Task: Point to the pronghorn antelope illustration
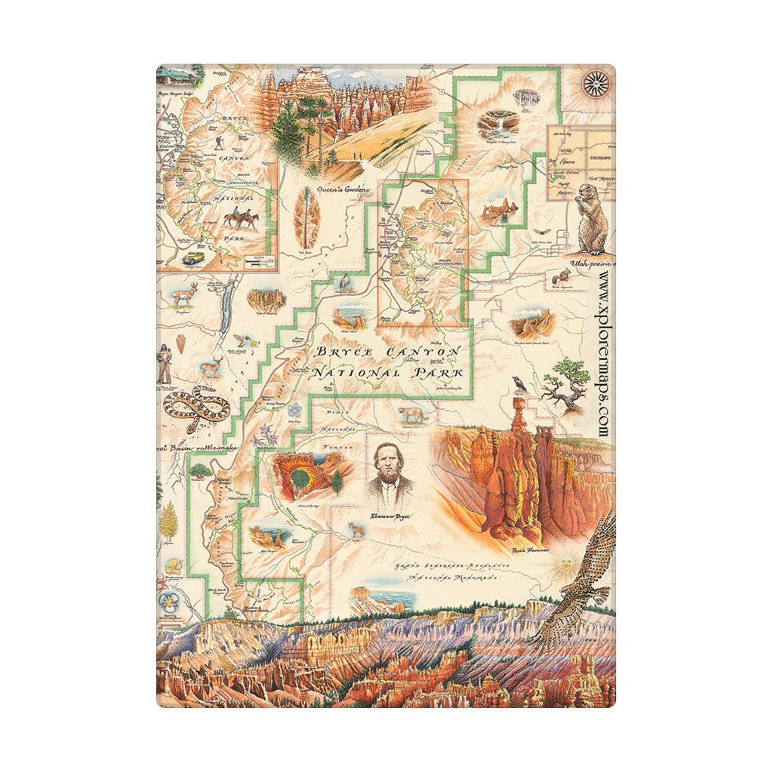click(184, 295)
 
